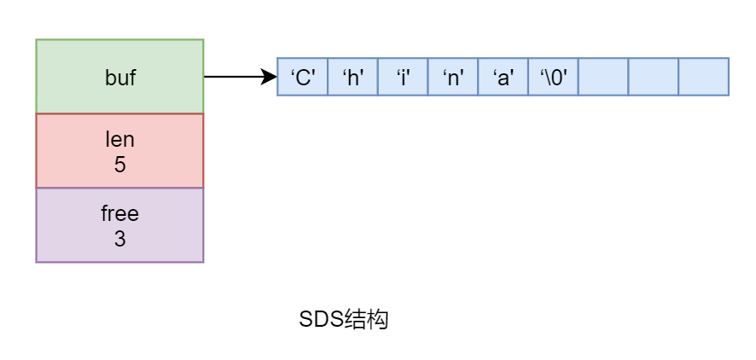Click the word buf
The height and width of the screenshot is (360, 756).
(x=119, y=77)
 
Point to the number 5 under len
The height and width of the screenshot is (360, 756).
(x=119, y=164)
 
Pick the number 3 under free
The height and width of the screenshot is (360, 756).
(x=119, y=240)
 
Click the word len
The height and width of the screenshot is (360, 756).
(x=119, y=139)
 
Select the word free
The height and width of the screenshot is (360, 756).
(x=119, y=213)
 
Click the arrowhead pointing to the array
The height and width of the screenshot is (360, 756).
(x=270, y=77)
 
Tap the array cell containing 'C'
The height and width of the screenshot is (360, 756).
(x=303, y=77)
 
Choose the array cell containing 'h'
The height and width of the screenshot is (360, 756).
(x=353, y=77)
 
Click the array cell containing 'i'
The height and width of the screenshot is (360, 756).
(x=403, y=77)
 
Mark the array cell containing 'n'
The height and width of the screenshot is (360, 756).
(x=453, y=77)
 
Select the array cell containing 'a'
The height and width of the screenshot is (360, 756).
(x=503, y=77)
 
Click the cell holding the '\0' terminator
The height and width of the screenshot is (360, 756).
(x=554, y=77)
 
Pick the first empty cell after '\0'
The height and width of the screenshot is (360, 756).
(x=603, y=77)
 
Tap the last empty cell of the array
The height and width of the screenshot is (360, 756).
(x=704, y=77)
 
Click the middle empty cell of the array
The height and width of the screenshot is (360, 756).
(x=654, y=77)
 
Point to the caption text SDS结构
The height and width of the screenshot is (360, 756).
(x=344, y=320)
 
